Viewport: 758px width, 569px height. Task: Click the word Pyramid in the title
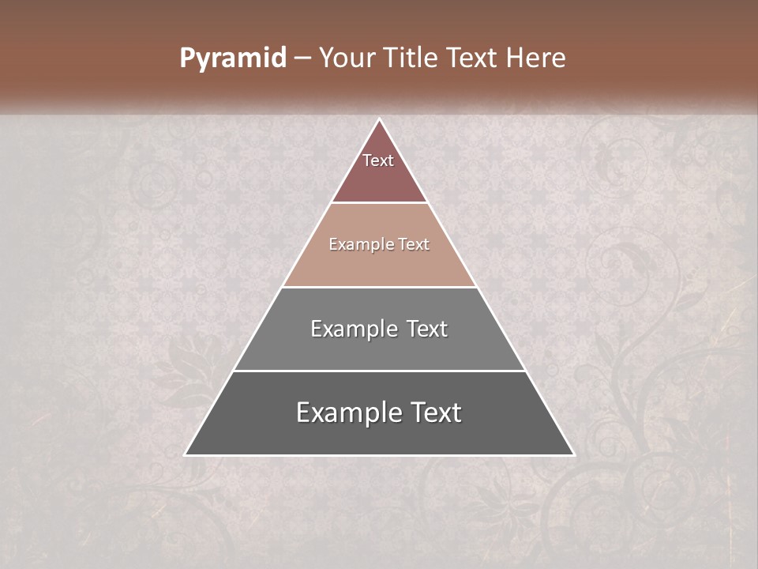(233, 58)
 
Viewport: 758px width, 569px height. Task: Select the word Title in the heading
(412, 58)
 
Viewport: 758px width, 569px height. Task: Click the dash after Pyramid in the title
(302, 58)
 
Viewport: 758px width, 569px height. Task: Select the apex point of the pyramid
(380, 119)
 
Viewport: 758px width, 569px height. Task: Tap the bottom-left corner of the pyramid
(186, 454)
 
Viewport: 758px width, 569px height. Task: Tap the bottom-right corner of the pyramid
(573, 454)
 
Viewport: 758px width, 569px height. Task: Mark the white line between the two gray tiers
(380, 371)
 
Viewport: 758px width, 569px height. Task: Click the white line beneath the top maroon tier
(380, 203)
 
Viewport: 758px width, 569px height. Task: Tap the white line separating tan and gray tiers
(380, 287)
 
